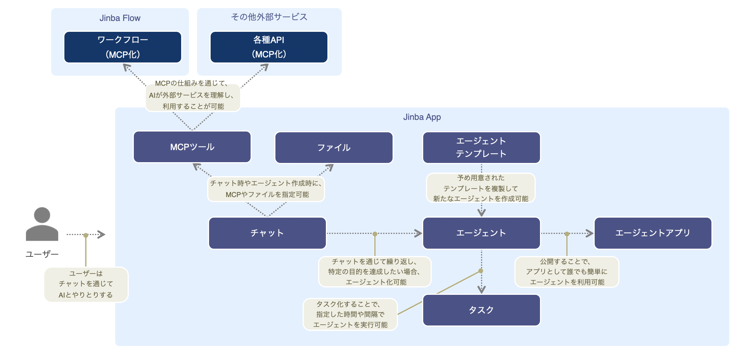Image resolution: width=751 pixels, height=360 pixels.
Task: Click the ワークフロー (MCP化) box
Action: tap(123, 47)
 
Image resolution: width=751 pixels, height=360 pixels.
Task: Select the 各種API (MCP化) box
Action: tap(269, 47)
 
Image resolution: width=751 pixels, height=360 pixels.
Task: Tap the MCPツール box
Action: tap(192, 147)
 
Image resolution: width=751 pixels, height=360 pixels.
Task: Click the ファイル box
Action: tap(334, 147)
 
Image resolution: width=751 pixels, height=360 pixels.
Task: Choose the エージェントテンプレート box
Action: tap(481, 147)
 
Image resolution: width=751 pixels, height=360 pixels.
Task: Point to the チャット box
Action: tap(267, 233)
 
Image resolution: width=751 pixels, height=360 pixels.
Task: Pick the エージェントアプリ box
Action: tap(653, 233)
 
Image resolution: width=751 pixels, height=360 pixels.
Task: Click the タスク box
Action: tap(481, 310)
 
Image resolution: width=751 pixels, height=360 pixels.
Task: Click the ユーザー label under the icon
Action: tap(42, 254)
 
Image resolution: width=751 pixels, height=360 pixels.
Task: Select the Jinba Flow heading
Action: tap(120, 18)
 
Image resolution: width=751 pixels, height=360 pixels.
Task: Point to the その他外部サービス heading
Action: tap(269, 17)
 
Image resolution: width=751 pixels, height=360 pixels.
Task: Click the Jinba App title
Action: tap(422, 117)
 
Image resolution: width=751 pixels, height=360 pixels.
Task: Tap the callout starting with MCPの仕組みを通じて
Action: tap(193, 95)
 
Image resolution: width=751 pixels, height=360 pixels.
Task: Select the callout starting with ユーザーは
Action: tap(86, 284)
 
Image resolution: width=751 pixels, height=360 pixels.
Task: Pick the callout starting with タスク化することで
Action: tap(350, 315)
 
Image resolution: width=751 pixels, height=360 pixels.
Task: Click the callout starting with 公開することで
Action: tap(566, 272)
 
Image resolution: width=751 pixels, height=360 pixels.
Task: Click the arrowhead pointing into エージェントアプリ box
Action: tap(590, 234)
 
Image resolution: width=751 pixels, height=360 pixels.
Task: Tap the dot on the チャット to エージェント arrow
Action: tap(375, 234)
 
